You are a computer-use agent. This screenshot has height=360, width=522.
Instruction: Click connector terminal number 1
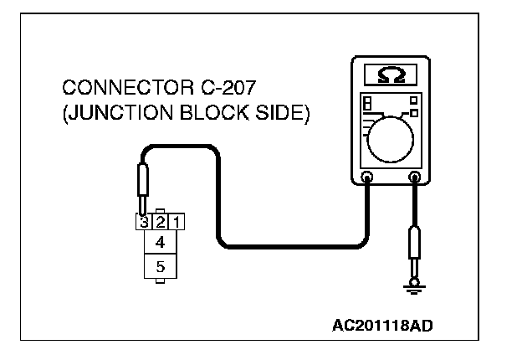coord(177,223)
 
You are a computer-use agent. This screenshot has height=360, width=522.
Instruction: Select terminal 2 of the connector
coord(161,223)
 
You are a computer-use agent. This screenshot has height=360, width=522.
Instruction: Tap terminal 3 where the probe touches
coord(145,223)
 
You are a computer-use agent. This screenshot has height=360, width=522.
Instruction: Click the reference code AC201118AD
coord(382,323)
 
